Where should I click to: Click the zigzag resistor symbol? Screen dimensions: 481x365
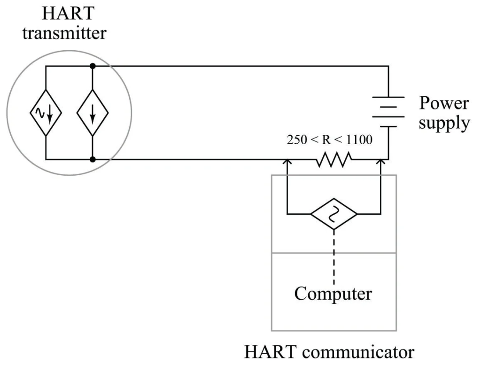(334, 160)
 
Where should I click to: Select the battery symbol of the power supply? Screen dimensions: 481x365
(388, 112)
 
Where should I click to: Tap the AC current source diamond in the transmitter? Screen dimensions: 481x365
(46, 113)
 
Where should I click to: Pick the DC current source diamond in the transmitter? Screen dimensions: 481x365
(93, 113)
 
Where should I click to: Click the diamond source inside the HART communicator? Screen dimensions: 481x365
(334, 214)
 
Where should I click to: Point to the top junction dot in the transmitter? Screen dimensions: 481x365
(93, 66)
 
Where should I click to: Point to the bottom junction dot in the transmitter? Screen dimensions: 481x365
(93, 160)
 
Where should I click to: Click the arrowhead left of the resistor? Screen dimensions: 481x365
(287, 161)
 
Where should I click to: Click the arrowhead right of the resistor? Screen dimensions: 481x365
(380, 161)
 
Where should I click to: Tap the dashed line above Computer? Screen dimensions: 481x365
(334, 257)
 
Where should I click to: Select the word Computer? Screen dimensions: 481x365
(333, 294)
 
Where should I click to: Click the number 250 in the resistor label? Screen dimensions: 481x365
(297, 140)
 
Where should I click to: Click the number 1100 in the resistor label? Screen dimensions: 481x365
(359, 140)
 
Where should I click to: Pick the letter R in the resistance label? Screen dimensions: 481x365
(326, 140)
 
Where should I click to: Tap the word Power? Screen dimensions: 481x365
(444, 103)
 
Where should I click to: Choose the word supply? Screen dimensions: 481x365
(444, 123)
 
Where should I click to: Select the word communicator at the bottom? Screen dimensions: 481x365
(358, 352)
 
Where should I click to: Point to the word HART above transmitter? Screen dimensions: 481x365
(68, 13)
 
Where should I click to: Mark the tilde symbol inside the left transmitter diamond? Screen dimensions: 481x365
(40, 113)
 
